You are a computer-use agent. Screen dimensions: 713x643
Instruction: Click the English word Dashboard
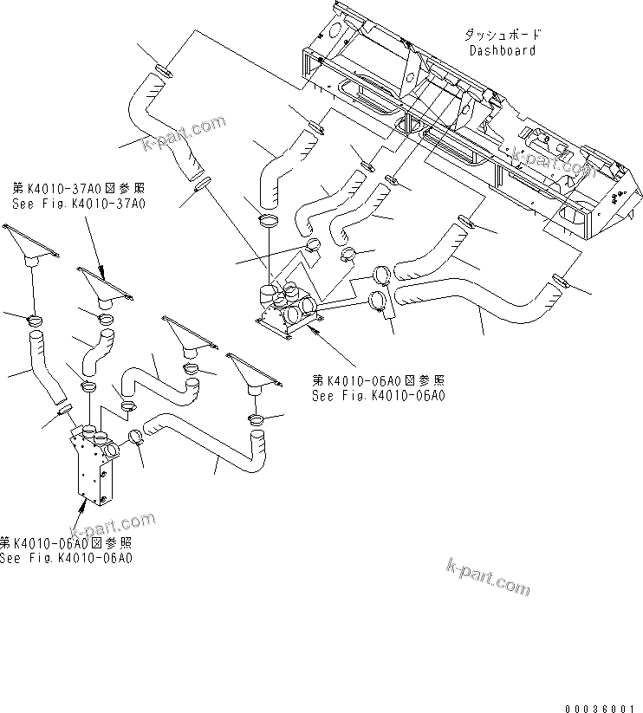click(502, 50)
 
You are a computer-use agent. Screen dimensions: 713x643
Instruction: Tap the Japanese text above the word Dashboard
click(502, 36)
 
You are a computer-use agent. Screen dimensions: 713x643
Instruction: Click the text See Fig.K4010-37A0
click(78, 203)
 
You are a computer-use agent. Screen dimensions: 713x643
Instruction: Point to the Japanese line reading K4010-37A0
click(78, 188)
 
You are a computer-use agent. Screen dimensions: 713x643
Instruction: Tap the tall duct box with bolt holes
click(93, 468)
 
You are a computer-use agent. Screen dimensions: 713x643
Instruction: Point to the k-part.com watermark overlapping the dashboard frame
click(550, 156)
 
